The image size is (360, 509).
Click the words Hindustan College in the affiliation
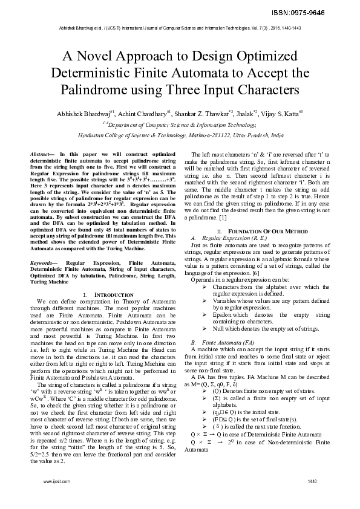point(113,137)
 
